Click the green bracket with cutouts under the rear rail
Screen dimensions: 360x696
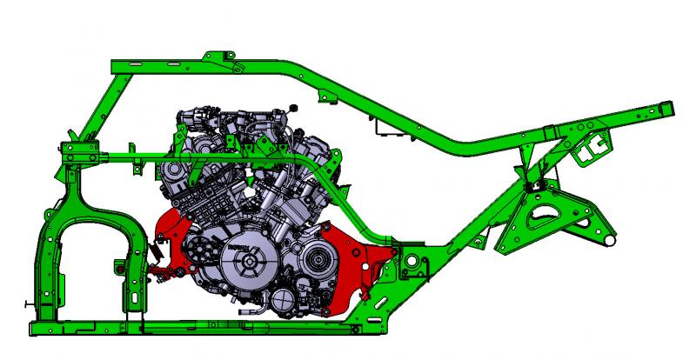(x=590, y=143)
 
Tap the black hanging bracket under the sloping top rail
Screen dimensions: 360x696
(x=379, y=130)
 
